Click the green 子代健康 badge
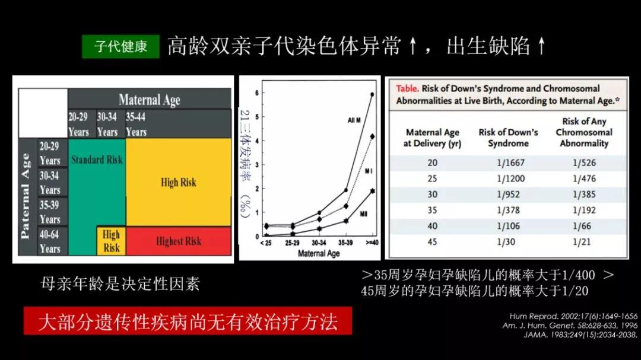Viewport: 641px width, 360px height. (120, 46)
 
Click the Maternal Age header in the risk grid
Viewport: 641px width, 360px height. (149, 99)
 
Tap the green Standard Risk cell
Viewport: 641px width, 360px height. (97, 160)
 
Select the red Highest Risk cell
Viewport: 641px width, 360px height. (178, 241)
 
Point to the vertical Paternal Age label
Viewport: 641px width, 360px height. (26, 196)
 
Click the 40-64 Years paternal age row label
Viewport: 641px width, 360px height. (50, 241)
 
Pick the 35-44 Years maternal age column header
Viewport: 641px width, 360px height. (136, 124)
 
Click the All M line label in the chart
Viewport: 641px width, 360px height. (354, 120)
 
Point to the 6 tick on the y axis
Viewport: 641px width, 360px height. (256, 93)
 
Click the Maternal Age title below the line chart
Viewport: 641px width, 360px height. (319, 253)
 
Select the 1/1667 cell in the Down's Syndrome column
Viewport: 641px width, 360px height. (508, 163)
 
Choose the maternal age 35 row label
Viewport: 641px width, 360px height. (432, 211)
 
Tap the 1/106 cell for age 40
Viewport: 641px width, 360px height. (508, 227)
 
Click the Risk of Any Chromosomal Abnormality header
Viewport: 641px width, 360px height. (584, 132)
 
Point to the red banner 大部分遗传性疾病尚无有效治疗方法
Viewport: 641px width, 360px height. (188, 321)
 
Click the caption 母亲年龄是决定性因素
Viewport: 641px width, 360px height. (120, 283)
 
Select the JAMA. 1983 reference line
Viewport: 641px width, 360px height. (580, 334)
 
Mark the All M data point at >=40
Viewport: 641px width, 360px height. (372, 94)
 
